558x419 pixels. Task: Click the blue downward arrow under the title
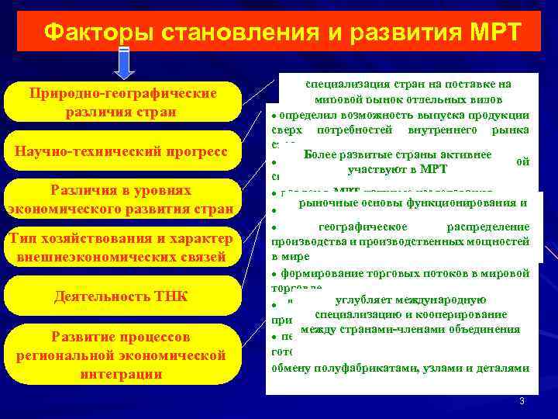[125, 63]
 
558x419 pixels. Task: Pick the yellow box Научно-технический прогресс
[122, 150]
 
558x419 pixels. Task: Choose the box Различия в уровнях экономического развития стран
[122, 199]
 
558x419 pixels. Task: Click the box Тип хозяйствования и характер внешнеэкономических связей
[122, 247]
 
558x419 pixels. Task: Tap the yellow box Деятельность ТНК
[122, 296]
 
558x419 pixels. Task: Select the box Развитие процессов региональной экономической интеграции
[122, 355]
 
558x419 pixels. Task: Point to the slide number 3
[522, 400]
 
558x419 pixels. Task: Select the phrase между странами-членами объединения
[410, 329]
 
